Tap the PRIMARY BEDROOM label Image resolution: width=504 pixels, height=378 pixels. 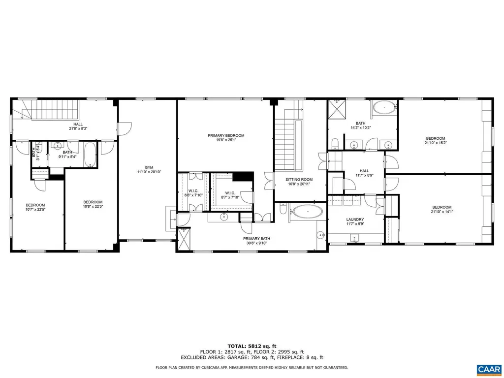226,135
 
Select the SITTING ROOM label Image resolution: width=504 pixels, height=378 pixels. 300,180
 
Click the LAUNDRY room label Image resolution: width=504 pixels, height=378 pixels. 355,220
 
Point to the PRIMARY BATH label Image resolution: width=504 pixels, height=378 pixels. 256,239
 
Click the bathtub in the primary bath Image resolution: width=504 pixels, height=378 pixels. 308,212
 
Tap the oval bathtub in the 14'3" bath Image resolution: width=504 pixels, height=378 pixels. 383,107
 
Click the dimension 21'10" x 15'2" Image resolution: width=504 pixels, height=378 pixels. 436,143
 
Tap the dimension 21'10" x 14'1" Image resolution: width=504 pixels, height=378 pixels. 441,212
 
